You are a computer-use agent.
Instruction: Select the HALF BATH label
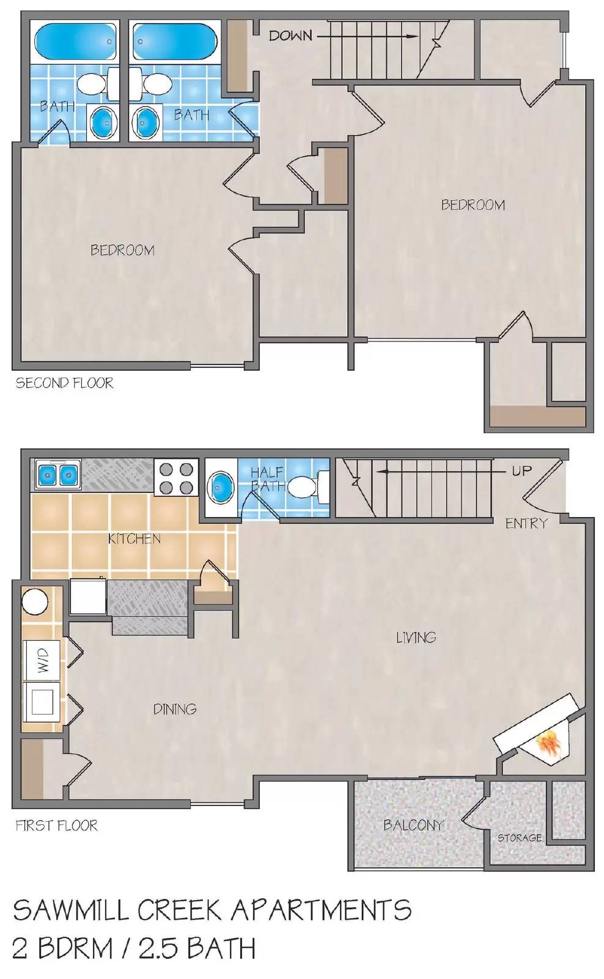pyautogui.click(x=267, y=479)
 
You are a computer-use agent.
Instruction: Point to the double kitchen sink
pyautogui.click(x=58, y=474)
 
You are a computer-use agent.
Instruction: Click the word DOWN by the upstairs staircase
pyautogui.click(x=290, y=36)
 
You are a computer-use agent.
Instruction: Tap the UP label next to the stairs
pyautogui.click(x=521, y=471)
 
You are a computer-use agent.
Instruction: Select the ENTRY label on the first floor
pyautogui.click(x=526, y=524)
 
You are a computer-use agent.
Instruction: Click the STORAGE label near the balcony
pyautogui.click(x=519, y=838)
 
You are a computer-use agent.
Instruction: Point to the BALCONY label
pyautogui.click(x=413, y=825)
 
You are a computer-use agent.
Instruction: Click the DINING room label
pyautogui.click(x=174, y=709)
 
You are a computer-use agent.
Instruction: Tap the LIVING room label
pyautogui.click(x=416, y=638)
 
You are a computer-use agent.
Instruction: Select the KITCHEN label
pyautogui.click(x=134, y=539)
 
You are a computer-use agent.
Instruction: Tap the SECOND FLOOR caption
pyautogui.click(x=64, y=384)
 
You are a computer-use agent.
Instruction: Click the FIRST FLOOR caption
pyautogui.click(x=56, y=825)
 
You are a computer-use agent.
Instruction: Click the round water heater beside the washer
pyautogui.click(x=35, y=602)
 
